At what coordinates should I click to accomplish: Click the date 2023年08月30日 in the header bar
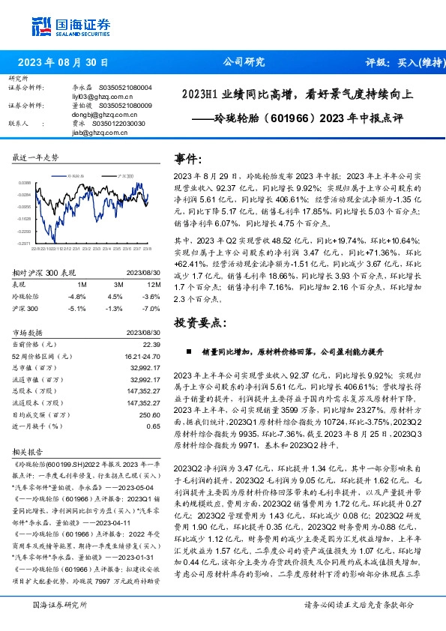[x=62, y=63]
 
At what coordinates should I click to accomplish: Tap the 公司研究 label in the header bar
[x=244, y=63]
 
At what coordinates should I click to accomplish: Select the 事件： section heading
[x=188, y=159]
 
